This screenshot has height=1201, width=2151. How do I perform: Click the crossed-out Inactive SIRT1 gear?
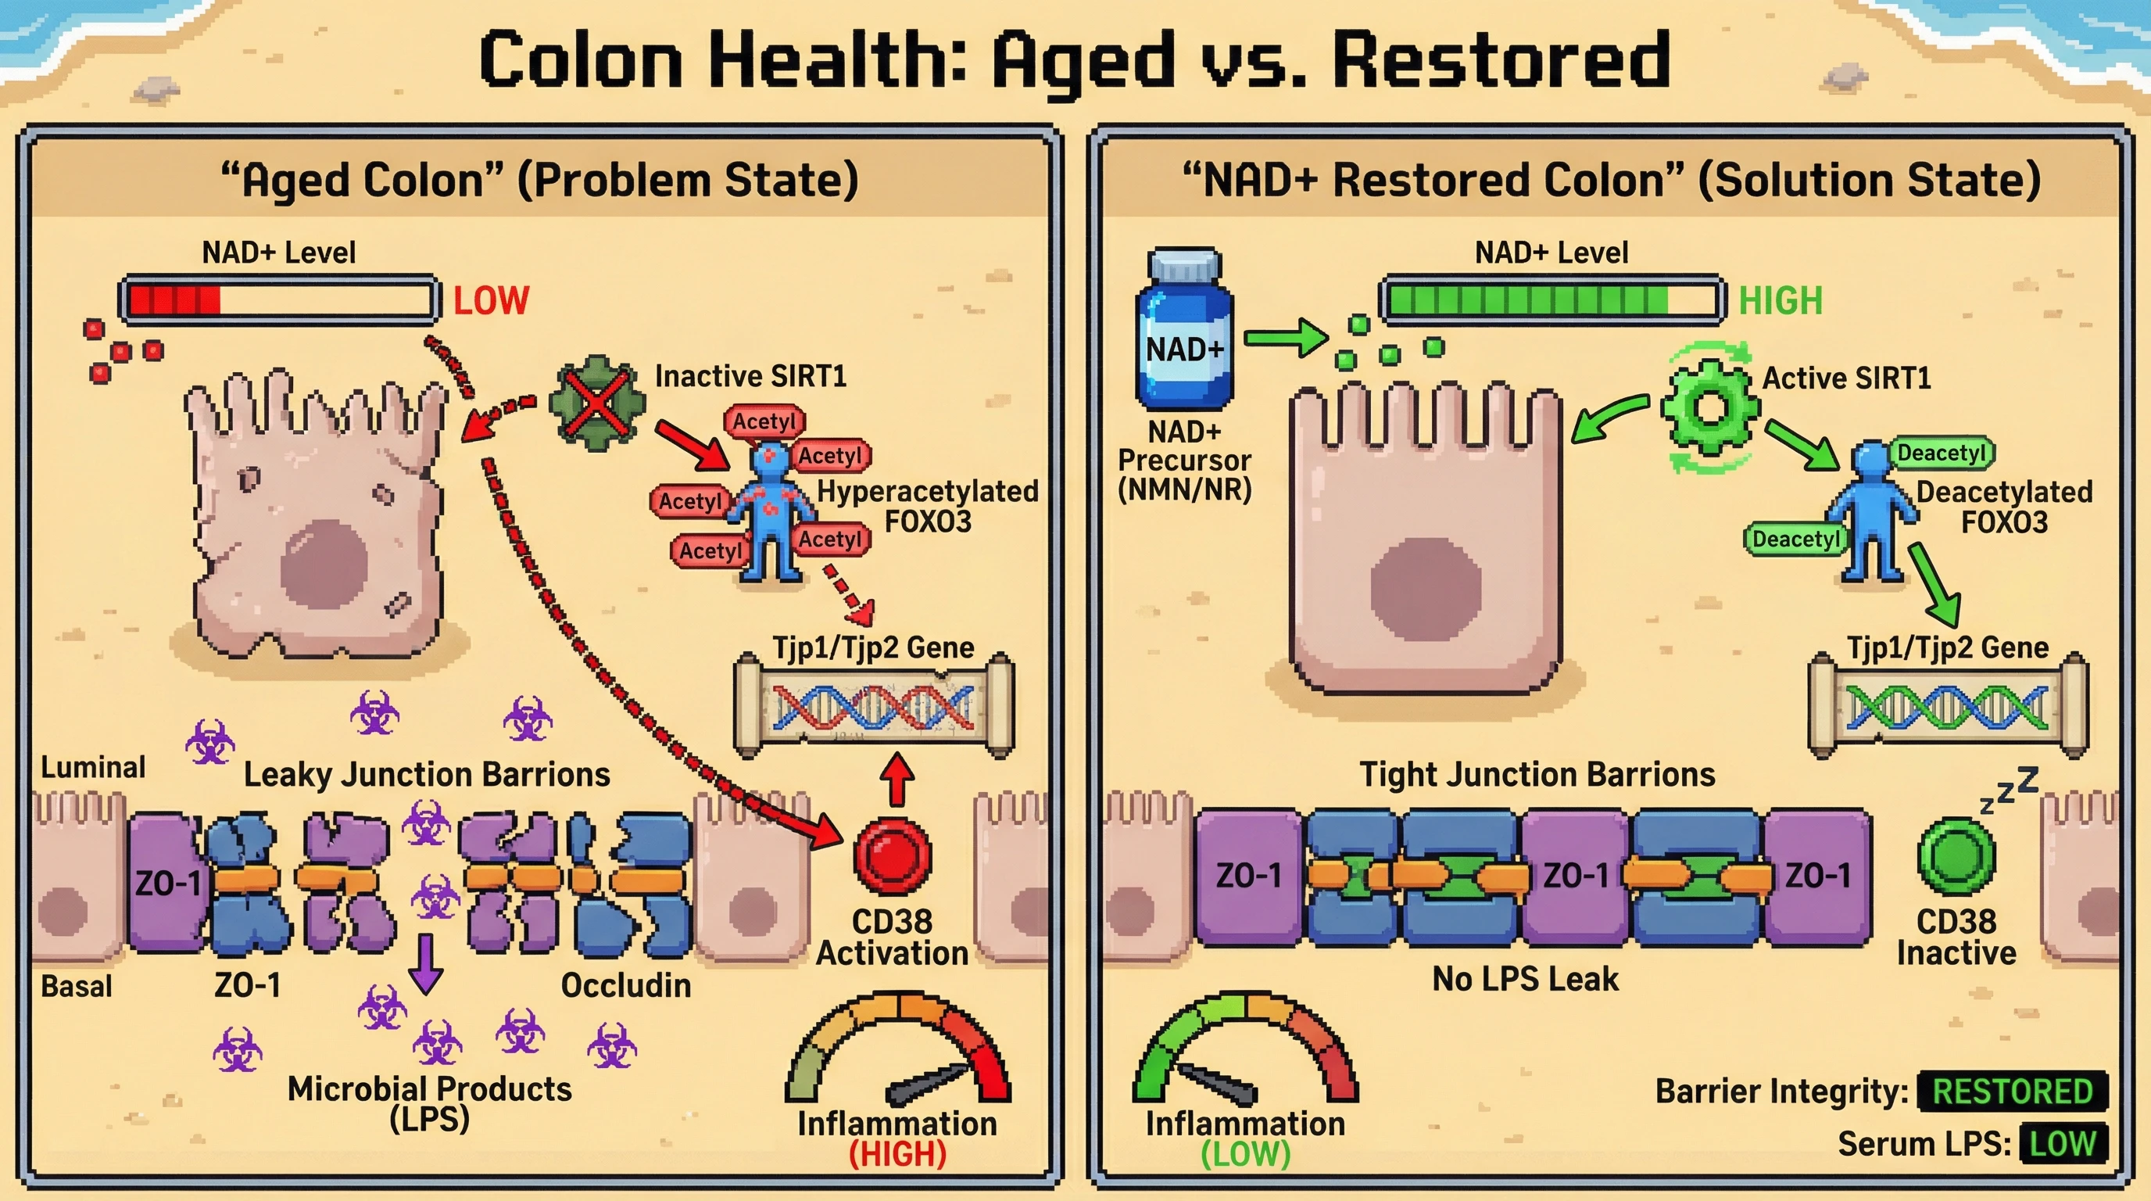(x=596, y=403)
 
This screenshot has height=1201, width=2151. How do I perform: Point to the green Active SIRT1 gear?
(x=1709, y=407)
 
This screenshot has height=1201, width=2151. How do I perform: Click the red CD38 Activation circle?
(x=892, y=856)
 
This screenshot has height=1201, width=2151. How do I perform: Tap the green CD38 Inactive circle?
(x=1956, y=856)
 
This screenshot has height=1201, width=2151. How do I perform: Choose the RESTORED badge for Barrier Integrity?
(x=2013, y=1092)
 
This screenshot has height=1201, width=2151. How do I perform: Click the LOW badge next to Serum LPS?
(x=2063, y=1143)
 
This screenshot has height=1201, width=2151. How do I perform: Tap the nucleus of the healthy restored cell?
(x=1426, y=589)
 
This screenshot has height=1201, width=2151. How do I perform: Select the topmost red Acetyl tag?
(x=764, y=421)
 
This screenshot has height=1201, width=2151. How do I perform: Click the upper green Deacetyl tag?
(x=1941, y=454)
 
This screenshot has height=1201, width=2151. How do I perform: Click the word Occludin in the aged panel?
(x=625, y=985)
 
